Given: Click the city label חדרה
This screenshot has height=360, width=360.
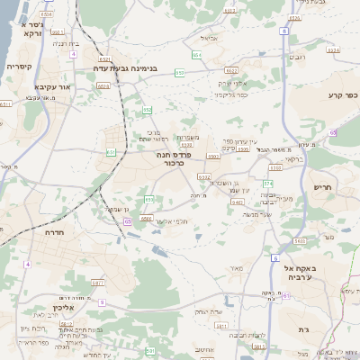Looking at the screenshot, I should [x=55, y=232].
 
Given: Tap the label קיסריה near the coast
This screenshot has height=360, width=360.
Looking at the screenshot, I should [x=20, y=67].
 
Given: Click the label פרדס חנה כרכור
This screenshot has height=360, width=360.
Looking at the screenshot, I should [x=175, y=158].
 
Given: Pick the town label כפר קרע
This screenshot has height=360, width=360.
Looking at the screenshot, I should [x=342, y=94].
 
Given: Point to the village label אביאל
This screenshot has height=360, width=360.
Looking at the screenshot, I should [x=210, y=39].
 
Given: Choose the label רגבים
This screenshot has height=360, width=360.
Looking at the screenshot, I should [x=295, y=57].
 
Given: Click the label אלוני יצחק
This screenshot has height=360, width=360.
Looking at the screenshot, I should [x=231, y=83].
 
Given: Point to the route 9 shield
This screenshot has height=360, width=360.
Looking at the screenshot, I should [x=103, y=302].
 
